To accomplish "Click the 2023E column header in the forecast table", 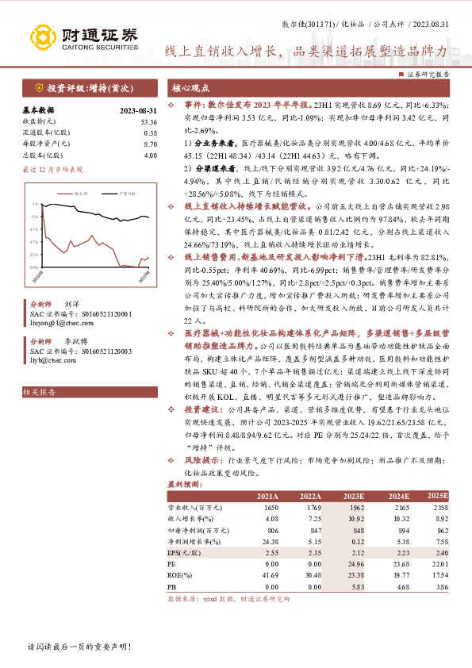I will point(353,497).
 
